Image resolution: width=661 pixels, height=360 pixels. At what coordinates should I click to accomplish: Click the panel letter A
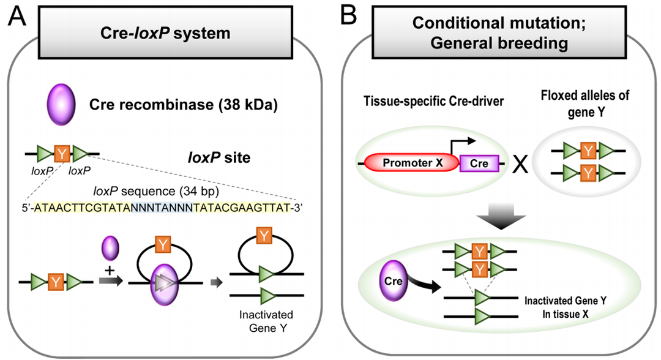[16, 17]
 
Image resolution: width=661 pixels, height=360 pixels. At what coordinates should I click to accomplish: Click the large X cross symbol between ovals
[520, 164]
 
